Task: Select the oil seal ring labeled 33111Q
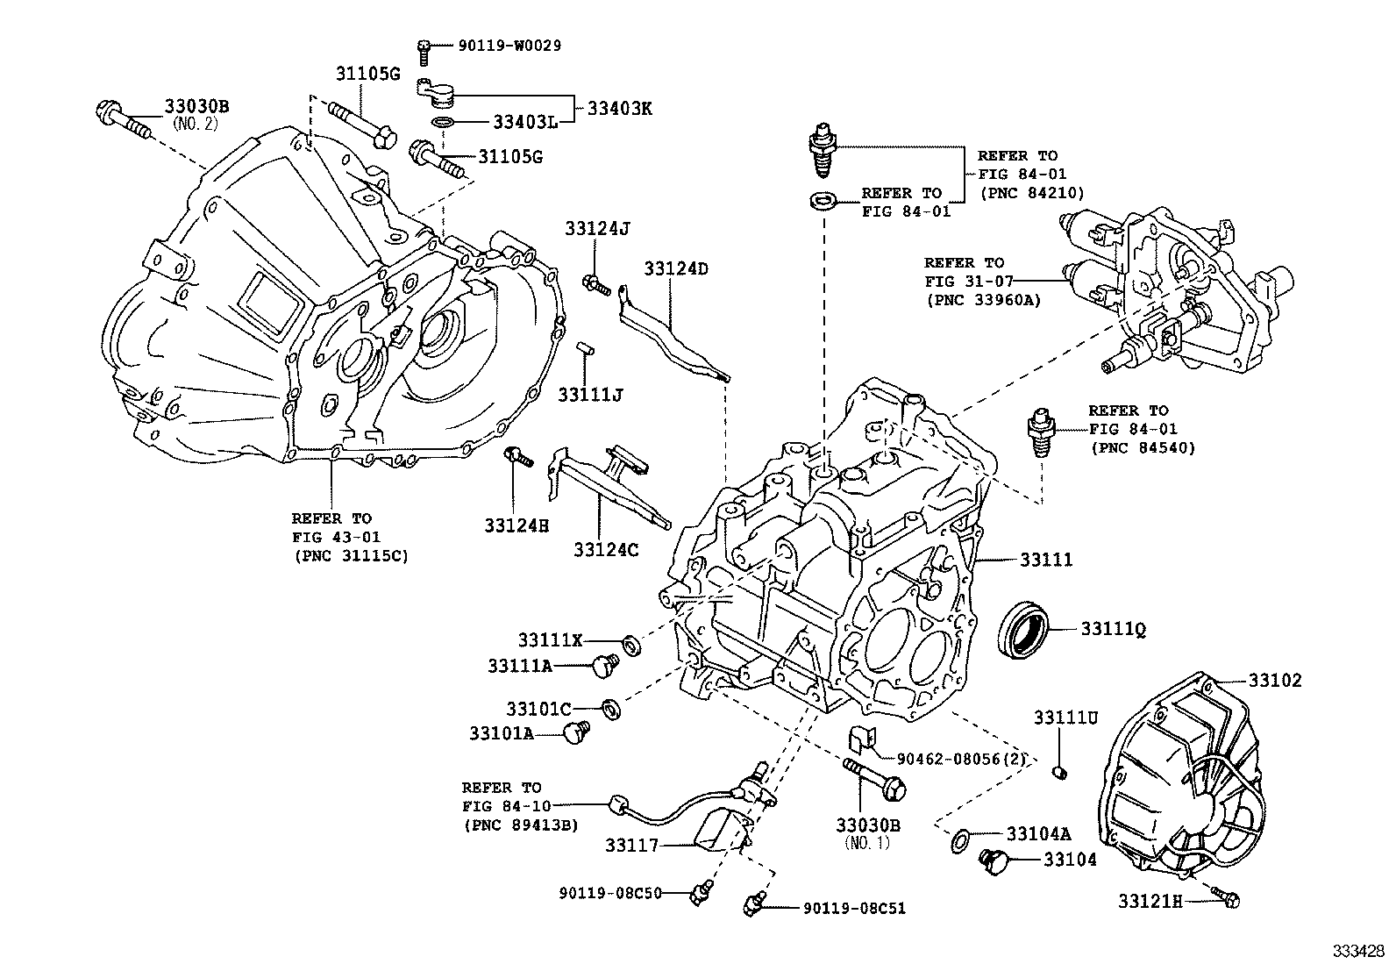(x=1022, y=629)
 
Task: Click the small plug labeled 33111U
(x=1058, y=772)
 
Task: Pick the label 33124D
(x=675, y=269)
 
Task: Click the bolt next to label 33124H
(x=518, y=457)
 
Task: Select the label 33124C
(x=606, y=549)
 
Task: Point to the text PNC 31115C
(x=350, y=555)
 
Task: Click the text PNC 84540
(x=1143, y=448)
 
